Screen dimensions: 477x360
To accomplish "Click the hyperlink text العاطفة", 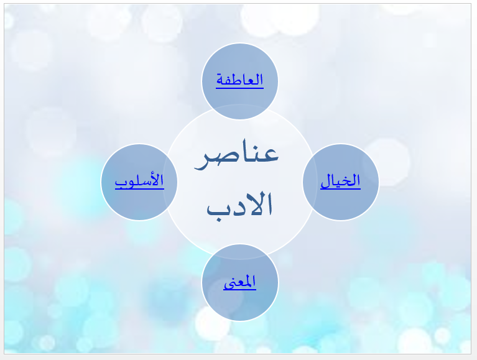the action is point(239,80).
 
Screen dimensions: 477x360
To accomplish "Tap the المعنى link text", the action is point(239,282).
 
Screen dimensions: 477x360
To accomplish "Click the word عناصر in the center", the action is point(236,154).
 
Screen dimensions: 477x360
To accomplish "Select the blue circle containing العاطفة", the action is point(239,81).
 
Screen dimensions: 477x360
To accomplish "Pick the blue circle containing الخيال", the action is point(341,182).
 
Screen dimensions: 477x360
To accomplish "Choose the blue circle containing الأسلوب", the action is point(139,182).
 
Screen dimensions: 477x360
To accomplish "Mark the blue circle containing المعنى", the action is point(239,282).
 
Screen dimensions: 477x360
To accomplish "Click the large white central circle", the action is point(239,182).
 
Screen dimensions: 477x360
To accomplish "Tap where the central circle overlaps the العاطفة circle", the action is point(239,112).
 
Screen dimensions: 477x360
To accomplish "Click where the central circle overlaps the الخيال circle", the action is point(310,182).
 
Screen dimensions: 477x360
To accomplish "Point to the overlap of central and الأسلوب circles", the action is point(170,182).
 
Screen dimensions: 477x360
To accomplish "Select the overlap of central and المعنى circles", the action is point(239,252).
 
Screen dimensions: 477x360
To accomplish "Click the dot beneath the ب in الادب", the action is point(218,219).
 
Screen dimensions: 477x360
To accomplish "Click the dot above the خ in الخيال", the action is point(347,175).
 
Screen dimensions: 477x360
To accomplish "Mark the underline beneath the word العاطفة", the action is point(239,88).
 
